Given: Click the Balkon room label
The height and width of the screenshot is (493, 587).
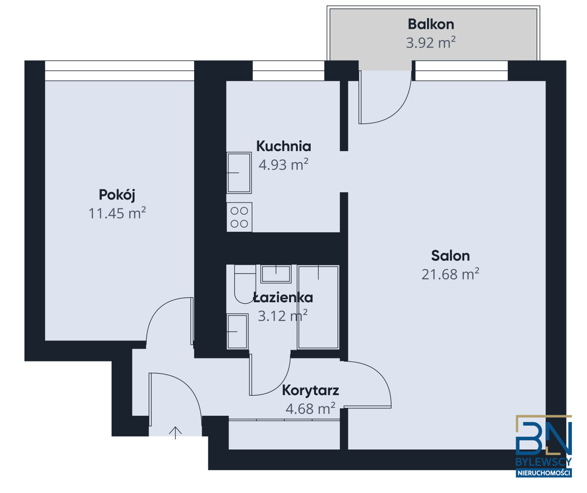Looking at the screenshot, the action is (x=430, y=24).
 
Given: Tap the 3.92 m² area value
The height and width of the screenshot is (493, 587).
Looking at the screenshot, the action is (x=430, y=43).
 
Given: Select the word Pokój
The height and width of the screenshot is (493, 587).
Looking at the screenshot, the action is (x=117, y=195).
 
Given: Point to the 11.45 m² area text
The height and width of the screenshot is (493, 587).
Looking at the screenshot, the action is (x=117, y=213).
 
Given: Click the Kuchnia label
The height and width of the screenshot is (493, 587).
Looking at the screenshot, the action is (x=283, y=146).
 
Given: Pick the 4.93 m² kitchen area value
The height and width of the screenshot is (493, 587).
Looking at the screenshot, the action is (x=283, y=164).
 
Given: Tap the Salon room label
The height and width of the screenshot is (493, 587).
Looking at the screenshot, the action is (x=451, y=256).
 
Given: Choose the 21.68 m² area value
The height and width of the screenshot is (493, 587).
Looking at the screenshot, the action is (x=451, y=274).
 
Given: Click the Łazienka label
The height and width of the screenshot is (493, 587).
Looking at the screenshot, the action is (x=283, y=297).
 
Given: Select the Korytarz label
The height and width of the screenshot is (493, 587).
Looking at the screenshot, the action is (x=310, y=391).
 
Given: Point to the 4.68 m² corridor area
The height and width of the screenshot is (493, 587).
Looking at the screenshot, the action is (x=310, y=408).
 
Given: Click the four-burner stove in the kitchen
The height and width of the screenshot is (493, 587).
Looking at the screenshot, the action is (x=239, y=217).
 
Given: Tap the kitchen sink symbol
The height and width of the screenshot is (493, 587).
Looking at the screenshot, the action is (x=239, y=173).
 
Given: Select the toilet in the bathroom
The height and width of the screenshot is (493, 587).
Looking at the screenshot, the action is (x=245, y=284).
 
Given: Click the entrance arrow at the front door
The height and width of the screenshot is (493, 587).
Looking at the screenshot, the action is (x=175, y=432).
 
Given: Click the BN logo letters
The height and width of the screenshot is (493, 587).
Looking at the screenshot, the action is (x=543, y=439).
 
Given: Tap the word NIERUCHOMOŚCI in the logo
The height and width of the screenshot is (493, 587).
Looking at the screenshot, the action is (x=543, y=473).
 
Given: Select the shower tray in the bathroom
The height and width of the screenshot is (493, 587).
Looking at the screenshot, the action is (x=318, y=307).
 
